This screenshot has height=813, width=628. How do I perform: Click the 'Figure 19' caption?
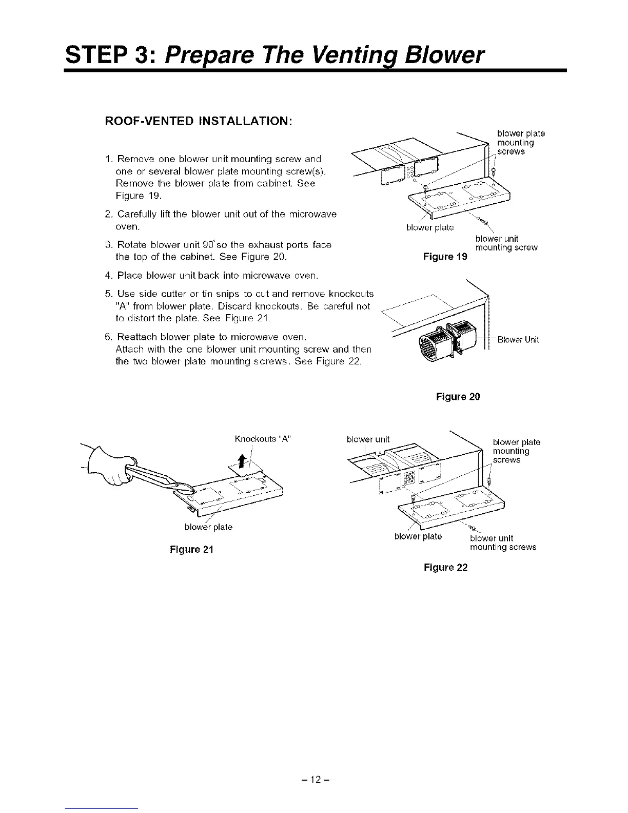(x=445, y=257)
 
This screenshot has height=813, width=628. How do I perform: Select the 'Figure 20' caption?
(x=458, y=397)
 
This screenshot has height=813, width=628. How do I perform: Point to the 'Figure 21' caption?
(x=191, y=550)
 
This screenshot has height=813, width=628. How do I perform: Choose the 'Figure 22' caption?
(x=445, y=567)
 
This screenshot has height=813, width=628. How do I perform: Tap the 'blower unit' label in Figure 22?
(x=368, y=439)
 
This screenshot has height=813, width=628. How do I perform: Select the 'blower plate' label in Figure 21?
(x=208, y=527)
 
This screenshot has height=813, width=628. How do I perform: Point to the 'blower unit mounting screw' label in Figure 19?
(x=506, y=243)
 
